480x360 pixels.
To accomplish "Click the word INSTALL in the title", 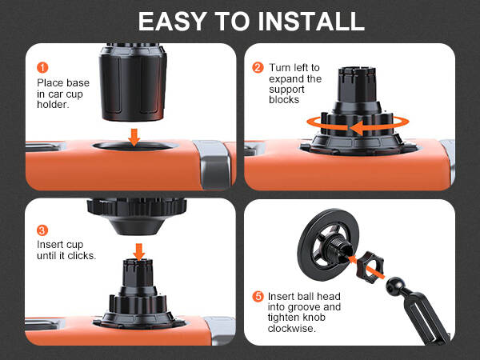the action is click(311, 22).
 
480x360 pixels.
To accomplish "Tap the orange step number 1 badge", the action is click(42, 67).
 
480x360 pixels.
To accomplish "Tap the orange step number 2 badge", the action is click(258, 67).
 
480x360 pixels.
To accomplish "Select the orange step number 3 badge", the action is click(42, 230).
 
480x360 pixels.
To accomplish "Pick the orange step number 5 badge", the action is click(258, 296).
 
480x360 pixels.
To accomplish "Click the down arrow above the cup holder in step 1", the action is click(134, 138).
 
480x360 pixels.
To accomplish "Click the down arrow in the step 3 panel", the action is click(139, 252).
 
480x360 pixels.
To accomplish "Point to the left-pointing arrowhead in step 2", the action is click(356, 128).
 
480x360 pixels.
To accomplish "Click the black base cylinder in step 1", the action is click(133, 82).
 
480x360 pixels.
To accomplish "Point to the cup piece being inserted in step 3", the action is click(137, 216).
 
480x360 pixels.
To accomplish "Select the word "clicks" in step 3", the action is click(80, 255).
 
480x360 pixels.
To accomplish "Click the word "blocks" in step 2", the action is click(284, 100).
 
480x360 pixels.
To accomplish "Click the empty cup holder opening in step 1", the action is click(135, 146).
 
